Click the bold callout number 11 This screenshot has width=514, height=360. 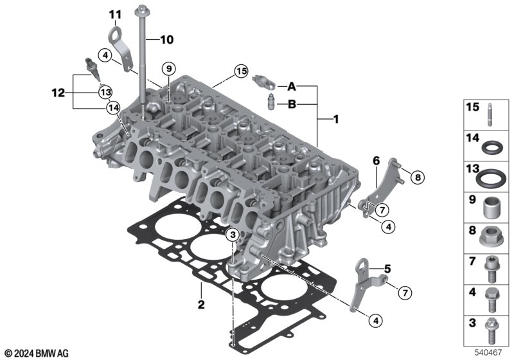tap(115, 14)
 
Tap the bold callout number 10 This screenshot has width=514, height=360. tap(166, 40)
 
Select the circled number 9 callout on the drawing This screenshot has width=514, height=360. tap(169, 69)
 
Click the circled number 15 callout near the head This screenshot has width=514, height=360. tap(241, 71)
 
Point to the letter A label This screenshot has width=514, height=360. tap(292, 87)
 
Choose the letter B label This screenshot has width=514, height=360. tap(292, 105)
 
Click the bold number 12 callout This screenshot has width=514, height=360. tap(58, 93)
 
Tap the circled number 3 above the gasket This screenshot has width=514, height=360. tap(233, 235)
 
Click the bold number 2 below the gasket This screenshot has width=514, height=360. tap(201, 304)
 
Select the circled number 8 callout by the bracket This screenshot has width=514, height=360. tap(417, 177)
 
